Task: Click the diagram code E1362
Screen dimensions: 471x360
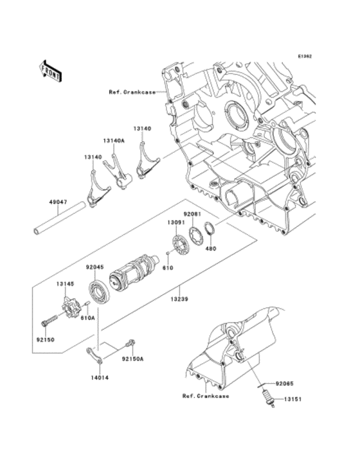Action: coord(304,56)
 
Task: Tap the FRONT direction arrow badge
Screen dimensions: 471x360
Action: coord(51,70)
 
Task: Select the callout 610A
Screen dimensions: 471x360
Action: coord(88,317)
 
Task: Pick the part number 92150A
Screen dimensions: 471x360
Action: coord(133,359)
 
